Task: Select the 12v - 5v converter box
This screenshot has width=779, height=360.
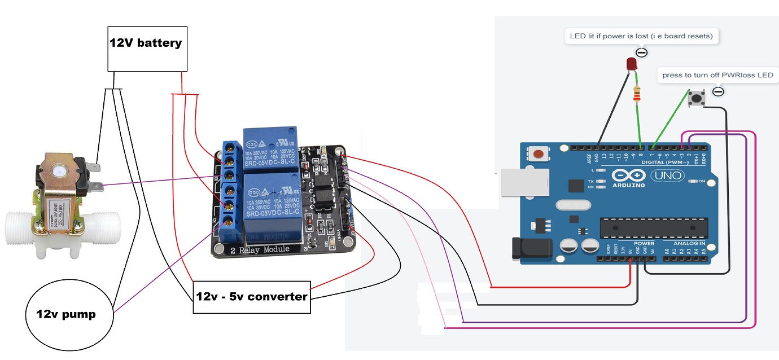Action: coord(252,297)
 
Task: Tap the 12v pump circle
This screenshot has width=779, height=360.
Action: coord(66,314)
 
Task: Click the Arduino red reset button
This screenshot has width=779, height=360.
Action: coord(539,153)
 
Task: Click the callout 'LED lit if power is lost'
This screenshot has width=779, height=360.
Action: coord(641,36)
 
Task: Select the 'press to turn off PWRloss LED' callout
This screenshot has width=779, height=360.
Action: coord(717,75)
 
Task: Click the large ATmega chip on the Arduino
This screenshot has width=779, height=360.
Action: coord(653,227)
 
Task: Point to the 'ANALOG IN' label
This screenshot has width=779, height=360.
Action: coord(689,243)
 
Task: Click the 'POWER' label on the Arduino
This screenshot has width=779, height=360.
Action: coord(644,243)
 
